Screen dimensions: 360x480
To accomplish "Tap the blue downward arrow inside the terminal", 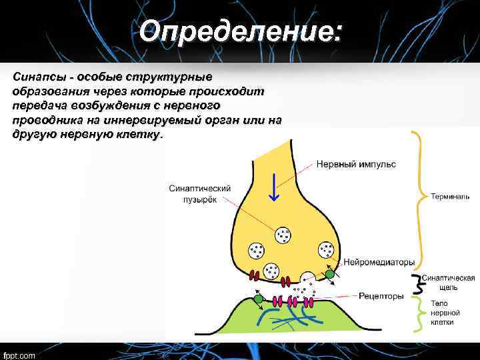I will [x=273, y=187].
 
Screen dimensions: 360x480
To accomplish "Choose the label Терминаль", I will [x=450, y=197].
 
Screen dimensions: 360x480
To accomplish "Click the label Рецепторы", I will [x=381, y=295].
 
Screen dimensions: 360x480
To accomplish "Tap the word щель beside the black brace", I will [x=447, y=287].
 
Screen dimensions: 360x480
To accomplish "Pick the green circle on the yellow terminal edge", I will [x=329, y=273].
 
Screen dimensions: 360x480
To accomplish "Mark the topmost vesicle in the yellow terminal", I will [x=283, y=234].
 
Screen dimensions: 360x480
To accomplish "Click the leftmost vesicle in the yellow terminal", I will [x=257, y=250].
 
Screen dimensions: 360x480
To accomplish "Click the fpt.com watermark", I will [x=19, y=354].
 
